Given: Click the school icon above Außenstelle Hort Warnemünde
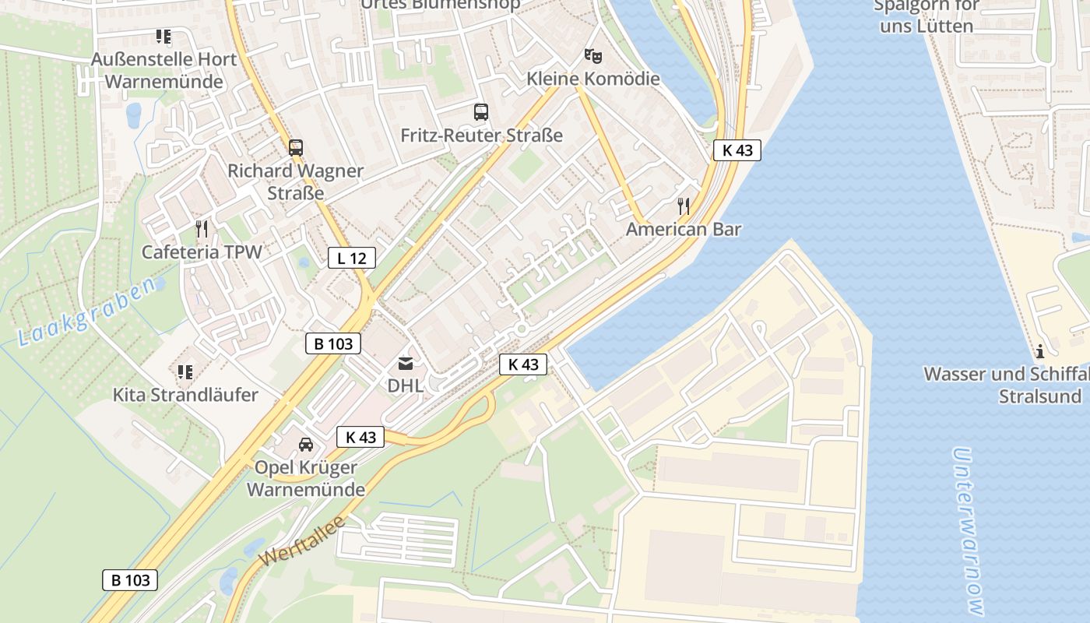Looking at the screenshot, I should pos(163,37).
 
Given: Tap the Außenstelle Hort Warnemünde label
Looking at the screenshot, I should pos(163,70).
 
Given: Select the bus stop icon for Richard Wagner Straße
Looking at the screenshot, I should pos(295,147).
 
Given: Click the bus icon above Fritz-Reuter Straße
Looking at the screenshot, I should pos(481,112).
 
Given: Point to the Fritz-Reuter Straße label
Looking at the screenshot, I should pos(481,136).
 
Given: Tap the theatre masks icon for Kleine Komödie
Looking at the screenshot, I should pos(593,55).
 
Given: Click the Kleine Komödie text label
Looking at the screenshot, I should pos(593,79).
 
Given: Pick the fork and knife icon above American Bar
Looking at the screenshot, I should pos(684,206).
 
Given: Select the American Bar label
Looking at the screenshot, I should pos(684,229).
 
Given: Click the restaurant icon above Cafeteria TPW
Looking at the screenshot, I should pos(202,229).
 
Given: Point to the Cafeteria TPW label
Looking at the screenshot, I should pos(202,252).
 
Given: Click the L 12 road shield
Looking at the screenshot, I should pos(352,258).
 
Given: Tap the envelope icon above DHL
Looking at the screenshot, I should pos(406,363).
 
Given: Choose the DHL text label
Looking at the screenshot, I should pos(406,385).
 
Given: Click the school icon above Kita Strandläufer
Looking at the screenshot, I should pos(185,372).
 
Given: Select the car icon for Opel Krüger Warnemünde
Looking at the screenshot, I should pos(306,445).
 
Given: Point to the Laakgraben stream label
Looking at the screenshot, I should pos(86,313).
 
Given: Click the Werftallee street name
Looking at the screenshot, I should pos(302,542).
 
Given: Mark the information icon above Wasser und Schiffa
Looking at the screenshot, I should pos(1040,351).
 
